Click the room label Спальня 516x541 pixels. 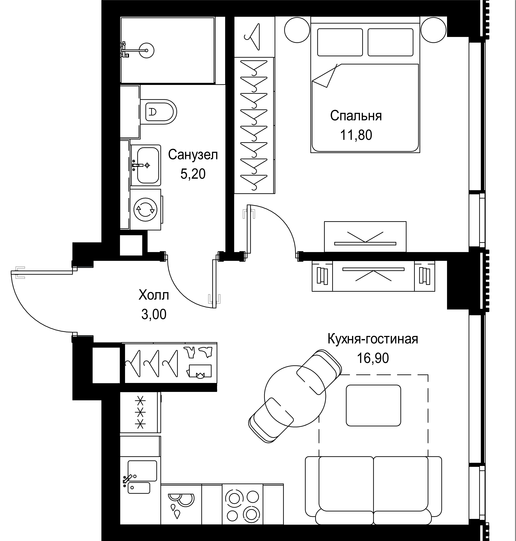(356, 116)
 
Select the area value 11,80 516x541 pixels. (356, 135)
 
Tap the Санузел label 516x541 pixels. (193, 155)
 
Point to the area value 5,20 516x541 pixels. (193, 174)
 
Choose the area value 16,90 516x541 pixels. (373, 358)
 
